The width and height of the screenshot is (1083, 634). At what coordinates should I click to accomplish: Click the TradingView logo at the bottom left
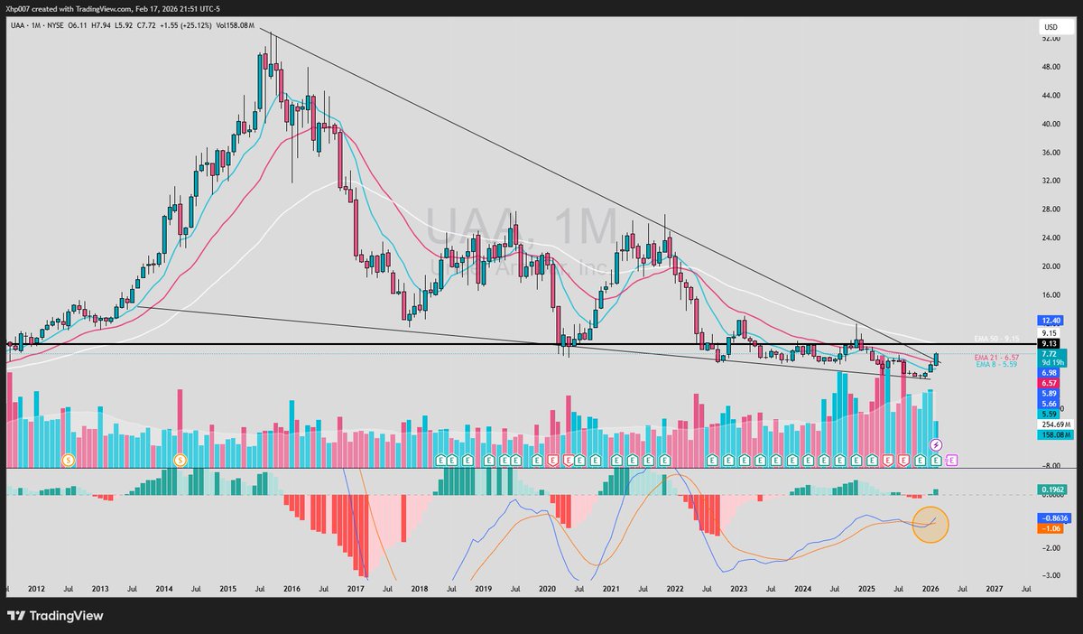[x=55, y=615]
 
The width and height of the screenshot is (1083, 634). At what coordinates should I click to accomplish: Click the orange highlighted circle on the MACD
[x=930, y=522]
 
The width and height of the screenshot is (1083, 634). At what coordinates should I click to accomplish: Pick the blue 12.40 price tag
[x=1050, y=321]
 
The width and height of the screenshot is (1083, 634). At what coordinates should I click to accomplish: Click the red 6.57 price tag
[x=1048, y=382]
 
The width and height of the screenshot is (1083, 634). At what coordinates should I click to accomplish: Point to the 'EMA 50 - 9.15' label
[x=996, y=338]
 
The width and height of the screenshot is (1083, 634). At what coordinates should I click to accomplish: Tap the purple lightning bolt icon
[x=936, y=445]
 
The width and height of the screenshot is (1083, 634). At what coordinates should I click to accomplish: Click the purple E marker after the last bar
[x=951, y=460]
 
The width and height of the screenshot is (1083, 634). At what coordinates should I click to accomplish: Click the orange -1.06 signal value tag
[x=1048, y=528]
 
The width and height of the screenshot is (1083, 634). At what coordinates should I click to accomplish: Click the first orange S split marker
[x=68, y=460]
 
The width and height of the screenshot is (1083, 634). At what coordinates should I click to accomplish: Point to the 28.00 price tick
[x=1051, y=210]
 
